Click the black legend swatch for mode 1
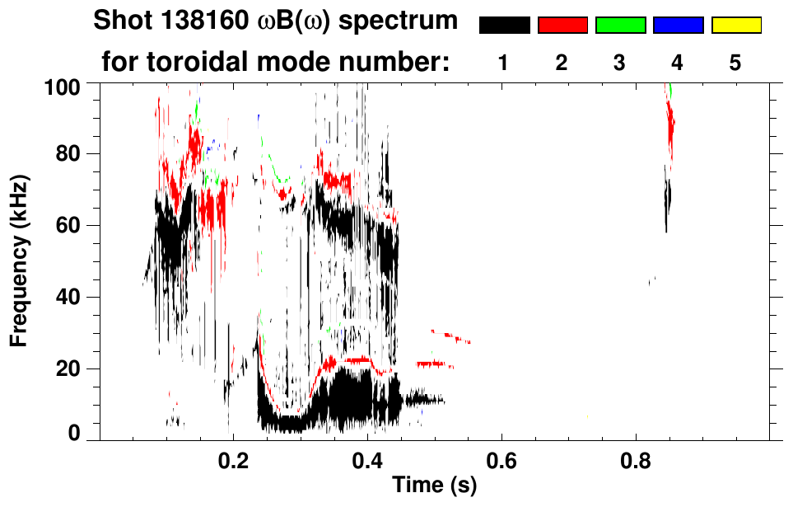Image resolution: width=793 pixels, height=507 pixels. click(504, 25)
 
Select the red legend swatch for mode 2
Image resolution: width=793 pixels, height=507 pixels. click(562, 25)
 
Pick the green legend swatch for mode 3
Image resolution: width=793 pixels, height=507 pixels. click(620, 25)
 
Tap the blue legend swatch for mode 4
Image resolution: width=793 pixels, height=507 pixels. click(678, 25)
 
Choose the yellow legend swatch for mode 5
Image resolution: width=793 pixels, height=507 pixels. click(736, 25)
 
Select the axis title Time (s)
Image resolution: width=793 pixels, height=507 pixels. click(434, 486)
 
